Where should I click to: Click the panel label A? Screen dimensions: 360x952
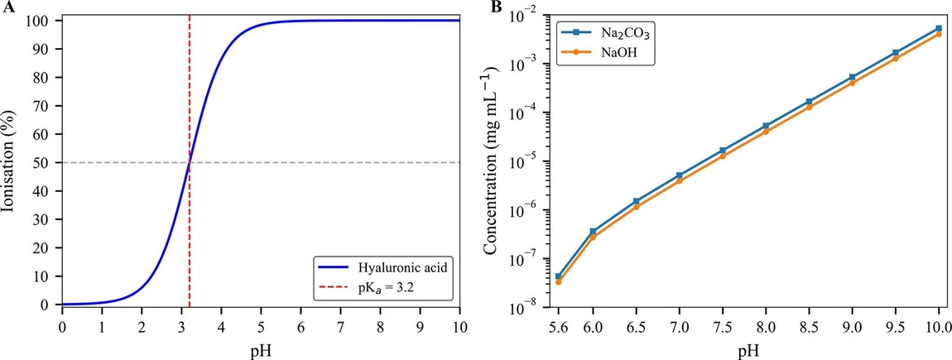coord(6,7)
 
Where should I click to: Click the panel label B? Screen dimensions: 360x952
coord(495,7)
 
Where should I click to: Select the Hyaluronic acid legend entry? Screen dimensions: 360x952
coord(390,267)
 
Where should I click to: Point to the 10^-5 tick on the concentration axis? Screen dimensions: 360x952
coord(526,161)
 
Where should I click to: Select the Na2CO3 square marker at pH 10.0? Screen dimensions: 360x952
coord(938,28)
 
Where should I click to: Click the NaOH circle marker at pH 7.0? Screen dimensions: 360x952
coord(680,180)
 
